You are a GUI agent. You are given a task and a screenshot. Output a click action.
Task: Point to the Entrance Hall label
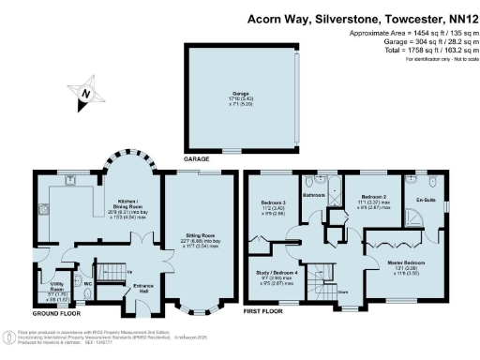pos(143,286)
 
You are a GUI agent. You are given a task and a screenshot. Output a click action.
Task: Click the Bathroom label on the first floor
pos(313,195)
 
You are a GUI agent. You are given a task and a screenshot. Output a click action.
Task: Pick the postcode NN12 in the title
pos(457,18)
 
